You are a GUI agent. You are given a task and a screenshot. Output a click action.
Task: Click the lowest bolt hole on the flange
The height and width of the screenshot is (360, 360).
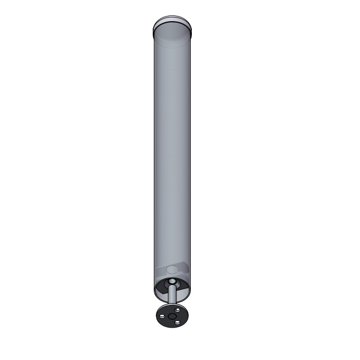177,322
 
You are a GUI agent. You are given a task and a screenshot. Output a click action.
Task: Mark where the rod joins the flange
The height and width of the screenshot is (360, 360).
172,307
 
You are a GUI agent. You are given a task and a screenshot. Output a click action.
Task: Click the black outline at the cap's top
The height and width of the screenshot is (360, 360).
173,17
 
